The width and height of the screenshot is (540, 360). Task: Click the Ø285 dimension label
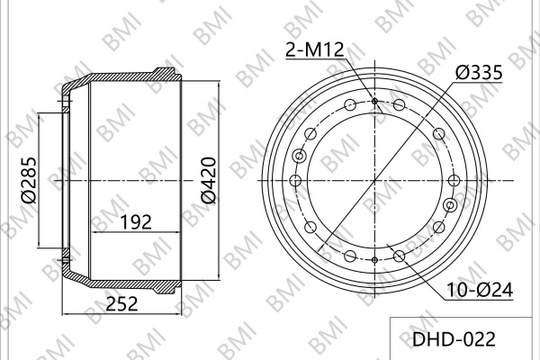pos(29,180)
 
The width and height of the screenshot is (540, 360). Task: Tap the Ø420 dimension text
pos(209,180)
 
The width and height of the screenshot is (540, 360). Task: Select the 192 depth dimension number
pos(136,222)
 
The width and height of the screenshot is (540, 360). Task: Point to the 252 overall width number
pos(121,304)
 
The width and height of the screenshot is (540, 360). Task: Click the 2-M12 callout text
pos(315,50)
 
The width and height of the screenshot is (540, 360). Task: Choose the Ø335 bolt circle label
pos(479,73)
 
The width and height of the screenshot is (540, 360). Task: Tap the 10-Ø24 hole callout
pos(480,290)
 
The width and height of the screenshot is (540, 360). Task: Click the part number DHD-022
pos(454,339)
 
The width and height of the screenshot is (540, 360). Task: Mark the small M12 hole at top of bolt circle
pos(374,101)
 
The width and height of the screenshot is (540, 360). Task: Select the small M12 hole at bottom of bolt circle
pos(374,260)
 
